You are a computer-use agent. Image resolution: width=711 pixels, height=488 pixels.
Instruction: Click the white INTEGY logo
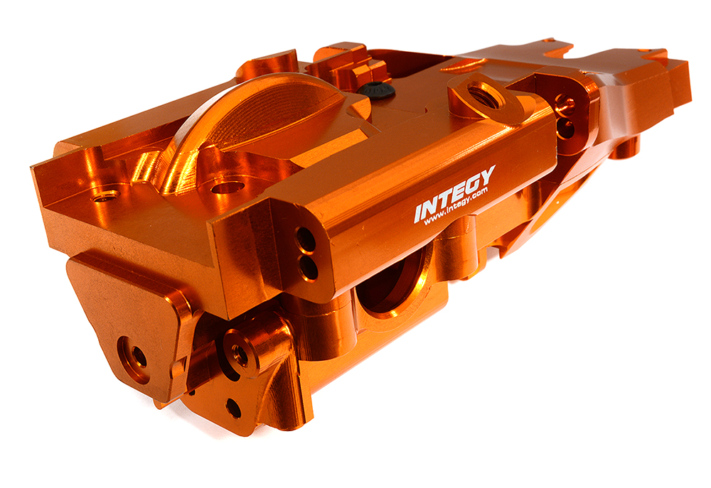[455, 193]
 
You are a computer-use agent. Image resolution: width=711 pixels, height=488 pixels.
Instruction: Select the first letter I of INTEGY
[419, 212]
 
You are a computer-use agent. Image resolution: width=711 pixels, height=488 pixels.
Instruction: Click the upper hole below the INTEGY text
[305, 238]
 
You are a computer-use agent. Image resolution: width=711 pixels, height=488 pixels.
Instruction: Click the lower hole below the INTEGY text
[309, 269]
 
